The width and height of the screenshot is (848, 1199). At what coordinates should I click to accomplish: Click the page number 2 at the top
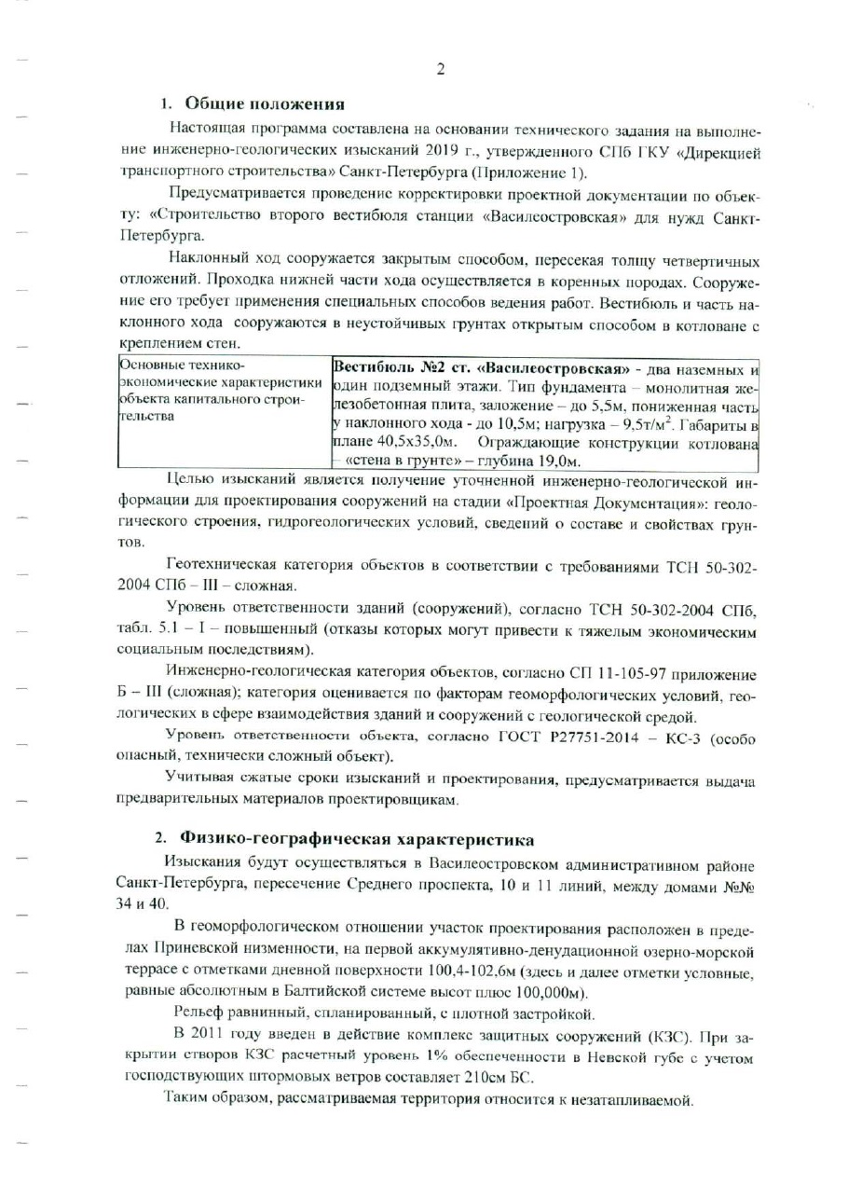click(x=440, y=68)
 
